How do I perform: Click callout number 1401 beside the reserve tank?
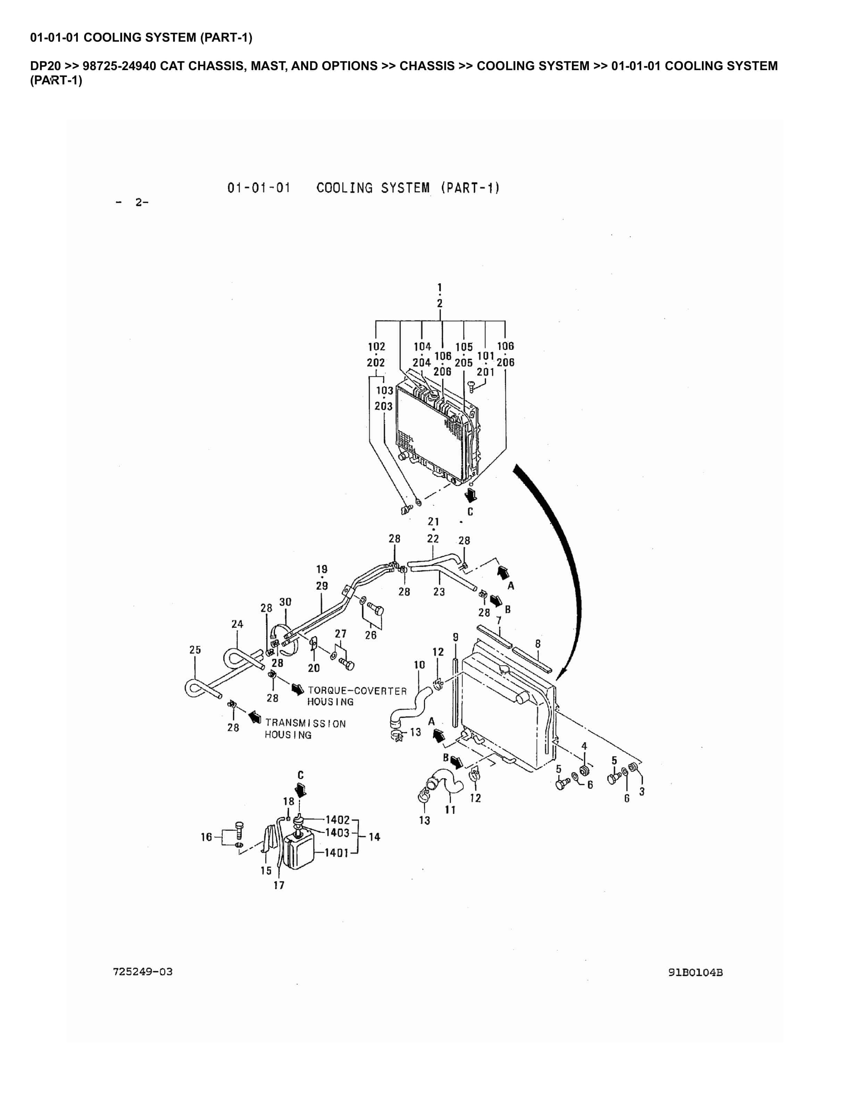(x=336, y=853)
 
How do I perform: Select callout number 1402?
(x=337, y=820)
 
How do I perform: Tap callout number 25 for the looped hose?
(x=195, y=650)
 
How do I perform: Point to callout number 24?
(x=237, y=624)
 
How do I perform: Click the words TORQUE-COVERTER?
(x=357, y=691)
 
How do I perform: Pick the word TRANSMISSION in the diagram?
(x=305, y=724)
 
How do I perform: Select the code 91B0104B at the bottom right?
(x=695, y=973)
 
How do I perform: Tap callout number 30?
(x=285, y=602)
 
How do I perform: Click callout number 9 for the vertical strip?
(x=455, y=637)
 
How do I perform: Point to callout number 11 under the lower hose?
(x=450, y=809)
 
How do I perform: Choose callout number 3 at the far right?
(x=642, y=791)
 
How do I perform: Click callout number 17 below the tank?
(x=279, y=885)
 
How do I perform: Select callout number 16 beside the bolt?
(x=207, y=837)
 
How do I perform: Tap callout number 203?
(x=383, y=406)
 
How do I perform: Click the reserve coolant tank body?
(x=299, y=851)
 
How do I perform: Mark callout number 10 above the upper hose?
(x=419, y=665)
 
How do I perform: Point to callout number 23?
(x=439, y=591)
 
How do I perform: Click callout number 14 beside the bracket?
(x=374, y=837)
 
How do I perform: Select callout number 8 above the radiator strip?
(x=538, y=644)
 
